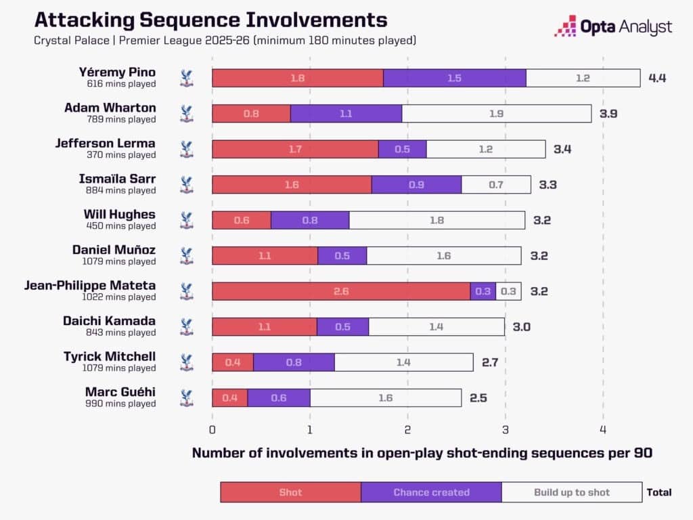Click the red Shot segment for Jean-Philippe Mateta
tap(341, 291)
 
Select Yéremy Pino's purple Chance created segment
tap(455, 79)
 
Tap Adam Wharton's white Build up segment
tap(497, 114)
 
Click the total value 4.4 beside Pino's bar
tap(657, 79)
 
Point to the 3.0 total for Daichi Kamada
tap(522, 327)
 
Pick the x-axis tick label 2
tap(407, 430)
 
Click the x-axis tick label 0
tap(212, 430)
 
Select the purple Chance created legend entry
tap(431, 492)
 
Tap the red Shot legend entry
tap(291, 492)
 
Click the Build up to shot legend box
tap(572, 492)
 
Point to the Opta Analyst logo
tap(613, 26)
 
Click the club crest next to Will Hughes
tap(187, 220)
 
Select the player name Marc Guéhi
tap(120, 392)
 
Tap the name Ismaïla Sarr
tap(117, 179)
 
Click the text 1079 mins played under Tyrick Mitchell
tap(119, 368)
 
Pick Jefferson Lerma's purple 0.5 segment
tap(403, 149)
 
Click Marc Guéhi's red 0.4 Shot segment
tap(230, 398)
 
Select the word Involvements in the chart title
tap(317, 20)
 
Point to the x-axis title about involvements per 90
tap(422, 453)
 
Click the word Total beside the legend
tap(659, 492)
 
